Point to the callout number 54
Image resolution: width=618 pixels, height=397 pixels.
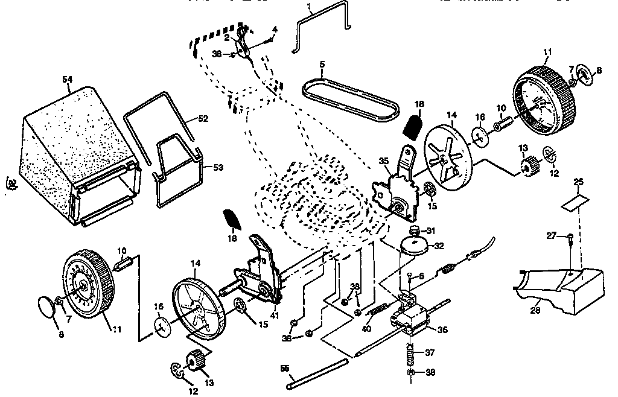click(x=68, y=79)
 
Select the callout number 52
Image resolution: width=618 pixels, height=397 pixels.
click(x=203, y=119)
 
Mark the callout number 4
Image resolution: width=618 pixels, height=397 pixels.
click(x=275, y=29)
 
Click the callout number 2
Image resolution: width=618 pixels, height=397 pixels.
click(x=227, y=37)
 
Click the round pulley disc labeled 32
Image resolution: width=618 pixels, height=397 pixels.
click(x=414, y=244)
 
